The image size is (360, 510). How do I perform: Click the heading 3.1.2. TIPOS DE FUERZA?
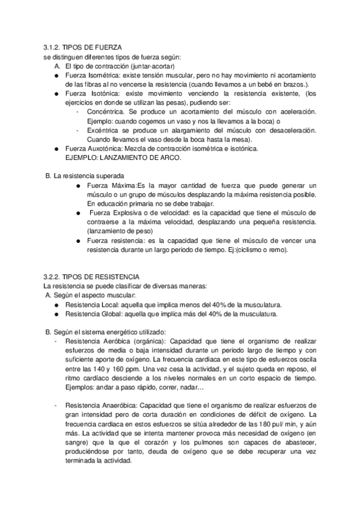pos(84,48)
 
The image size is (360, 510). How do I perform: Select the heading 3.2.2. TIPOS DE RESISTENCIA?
pos(92,276)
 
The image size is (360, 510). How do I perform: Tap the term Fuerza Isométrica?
pos(91,75)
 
